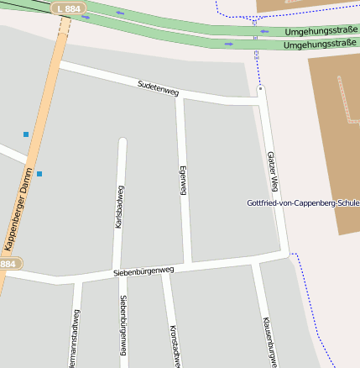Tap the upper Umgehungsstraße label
point(321,31)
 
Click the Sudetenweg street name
point(158,87)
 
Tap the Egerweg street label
point(182,181)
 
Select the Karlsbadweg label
point(119,207)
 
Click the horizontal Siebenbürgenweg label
point(143,271)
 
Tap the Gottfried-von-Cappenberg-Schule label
point(303,203)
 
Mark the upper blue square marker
point(26,134)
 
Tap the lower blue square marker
point(39,174)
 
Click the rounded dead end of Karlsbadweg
point(123,143)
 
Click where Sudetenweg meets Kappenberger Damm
point(58,63)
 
